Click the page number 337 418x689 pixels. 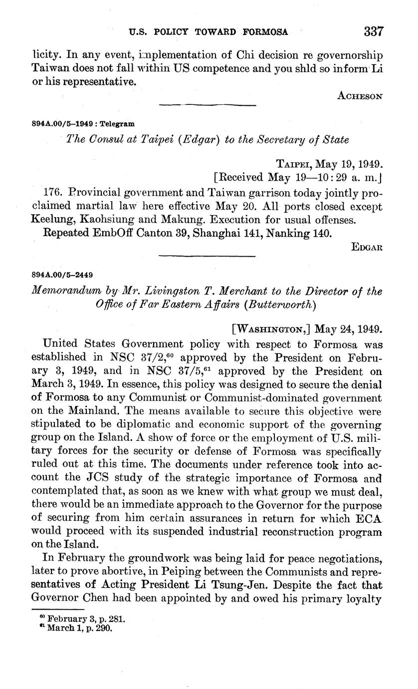(x=374, y=31)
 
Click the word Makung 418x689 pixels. (x=184, y=219)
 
